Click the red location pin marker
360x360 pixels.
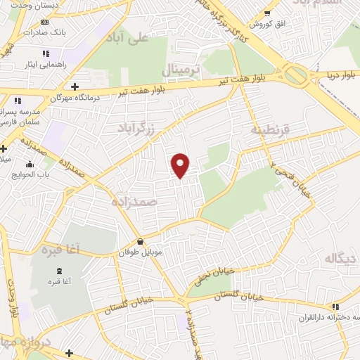pos(181,165)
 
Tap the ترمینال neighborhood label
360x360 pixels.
pos(182,71)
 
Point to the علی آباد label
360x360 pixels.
pos(130,37)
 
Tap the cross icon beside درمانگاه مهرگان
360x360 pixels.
pos(75,86)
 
